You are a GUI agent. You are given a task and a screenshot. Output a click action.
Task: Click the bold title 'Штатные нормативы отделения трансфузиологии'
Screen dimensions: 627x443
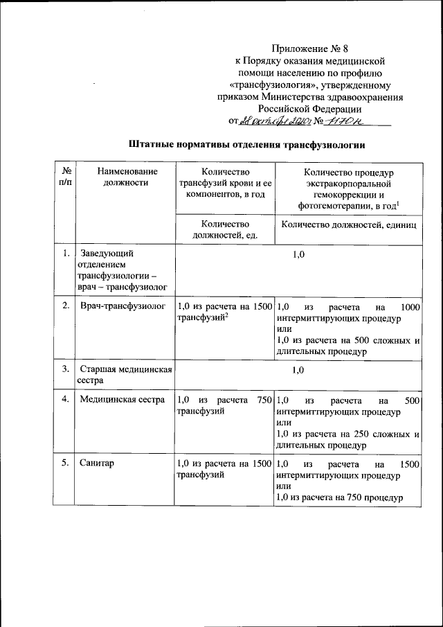click(246, 145)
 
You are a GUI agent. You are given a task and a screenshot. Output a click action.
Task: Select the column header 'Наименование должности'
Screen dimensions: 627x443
click(127, 177)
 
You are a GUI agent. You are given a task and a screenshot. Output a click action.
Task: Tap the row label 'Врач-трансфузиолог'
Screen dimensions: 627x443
click(113, 306)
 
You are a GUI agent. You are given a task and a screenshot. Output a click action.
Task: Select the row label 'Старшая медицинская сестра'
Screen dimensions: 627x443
click(125, 375)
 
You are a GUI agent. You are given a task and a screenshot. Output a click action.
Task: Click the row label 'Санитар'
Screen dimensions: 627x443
click(97, 463)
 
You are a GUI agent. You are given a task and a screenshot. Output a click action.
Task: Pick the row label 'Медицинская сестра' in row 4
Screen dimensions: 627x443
click(122, 400)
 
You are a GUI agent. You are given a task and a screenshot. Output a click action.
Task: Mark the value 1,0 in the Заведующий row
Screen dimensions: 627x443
click(298, 256)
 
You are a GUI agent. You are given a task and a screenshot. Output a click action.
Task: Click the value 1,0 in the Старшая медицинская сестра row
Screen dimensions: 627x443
click(298, 370)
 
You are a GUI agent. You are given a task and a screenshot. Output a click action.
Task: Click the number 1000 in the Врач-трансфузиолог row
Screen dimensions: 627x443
click(410, 306)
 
